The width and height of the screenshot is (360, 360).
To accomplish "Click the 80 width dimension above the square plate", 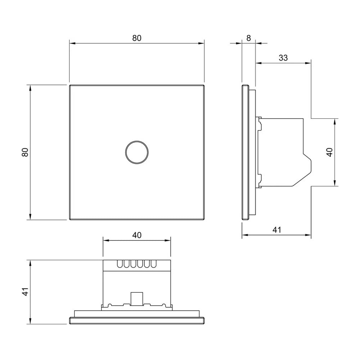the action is coord(137,38).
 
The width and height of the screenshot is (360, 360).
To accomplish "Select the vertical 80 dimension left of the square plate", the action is coord(25,152).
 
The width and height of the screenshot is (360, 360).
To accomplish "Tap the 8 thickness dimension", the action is coord(249,38).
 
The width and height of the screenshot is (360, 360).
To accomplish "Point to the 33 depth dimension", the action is coord(283,58).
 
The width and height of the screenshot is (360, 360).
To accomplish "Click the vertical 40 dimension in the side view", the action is coord(330,152).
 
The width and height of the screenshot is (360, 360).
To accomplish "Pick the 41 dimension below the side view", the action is coord(276,230).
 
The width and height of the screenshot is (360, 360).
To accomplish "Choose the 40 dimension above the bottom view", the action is coord(137,235).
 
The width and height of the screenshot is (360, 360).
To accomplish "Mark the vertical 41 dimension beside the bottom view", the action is coord(25,292).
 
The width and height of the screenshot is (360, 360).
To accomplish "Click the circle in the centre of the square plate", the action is coord(137,152).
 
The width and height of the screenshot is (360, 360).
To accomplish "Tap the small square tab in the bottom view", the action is coord(136,299).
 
